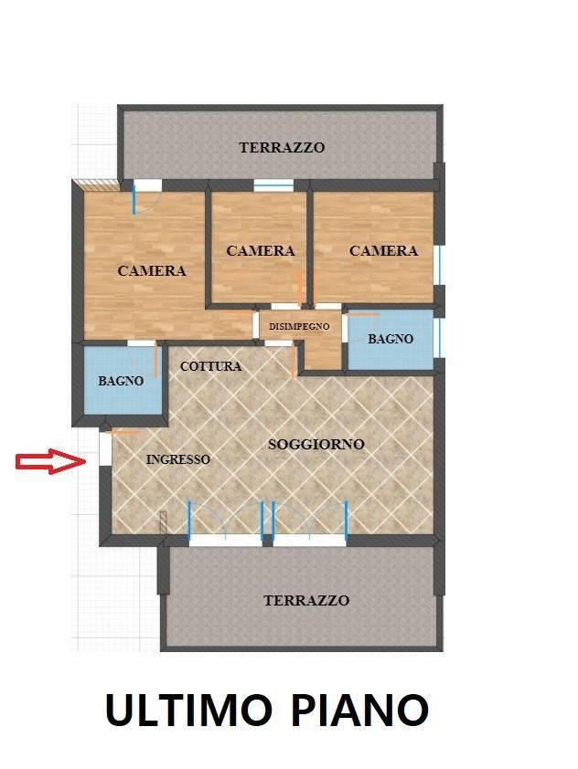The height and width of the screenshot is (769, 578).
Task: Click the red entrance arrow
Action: click(50, 462)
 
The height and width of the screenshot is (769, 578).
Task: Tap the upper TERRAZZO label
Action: click(282, 147)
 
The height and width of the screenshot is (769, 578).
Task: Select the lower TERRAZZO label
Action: click(305, 601)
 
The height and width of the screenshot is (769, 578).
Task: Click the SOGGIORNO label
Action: click(316, 445)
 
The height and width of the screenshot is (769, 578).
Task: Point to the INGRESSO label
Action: click(177, 459)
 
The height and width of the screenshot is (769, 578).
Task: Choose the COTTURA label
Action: click(210, 366)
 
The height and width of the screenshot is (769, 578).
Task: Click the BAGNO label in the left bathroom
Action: click(121, 381)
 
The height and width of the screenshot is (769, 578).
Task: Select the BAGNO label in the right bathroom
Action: click(391, 339)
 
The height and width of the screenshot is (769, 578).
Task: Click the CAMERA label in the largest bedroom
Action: click(152, 270)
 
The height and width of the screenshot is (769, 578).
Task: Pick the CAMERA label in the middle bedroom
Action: click(261, 250)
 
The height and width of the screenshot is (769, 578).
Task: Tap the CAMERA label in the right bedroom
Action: click(383, 250)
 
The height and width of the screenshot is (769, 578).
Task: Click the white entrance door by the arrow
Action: click(105, 448)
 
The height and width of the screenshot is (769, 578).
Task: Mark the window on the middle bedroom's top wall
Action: click(273, 185)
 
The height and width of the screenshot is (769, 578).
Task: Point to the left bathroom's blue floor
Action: click(119, 402)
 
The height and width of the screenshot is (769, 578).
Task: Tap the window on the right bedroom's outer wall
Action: click(438, 265)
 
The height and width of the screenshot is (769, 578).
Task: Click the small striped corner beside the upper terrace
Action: click(97, 185)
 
